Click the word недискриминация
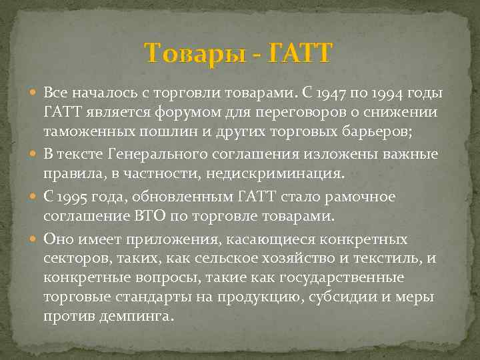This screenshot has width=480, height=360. pos(286,173)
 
